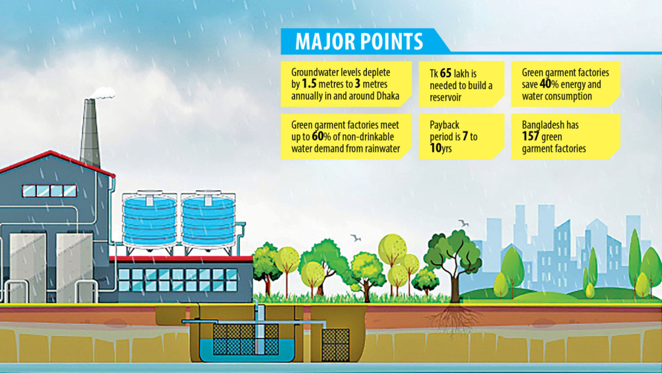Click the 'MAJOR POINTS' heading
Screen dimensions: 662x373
click(359, 41)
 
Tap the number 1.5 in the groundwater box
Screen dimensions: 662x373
click(309, 84)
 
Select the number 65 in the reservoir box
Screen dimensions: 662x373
click(446, 74)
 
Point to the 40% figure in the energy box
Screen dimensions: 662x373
click(549, 84)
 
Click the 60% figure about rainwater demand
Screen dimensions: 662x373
click(321, 136)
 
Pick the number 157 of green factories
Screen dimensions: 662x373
click(530, 136)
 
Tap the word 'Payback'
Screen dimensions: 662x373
click(444, 125)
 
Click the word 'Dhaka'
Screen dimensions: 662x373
click(388, 96)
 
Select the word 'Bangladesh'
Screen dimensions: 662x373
click(543, 125)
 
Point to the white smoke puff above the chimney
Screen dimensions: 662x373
click(103, 93)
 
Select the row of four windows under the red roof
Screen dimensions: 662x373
click(49, 191)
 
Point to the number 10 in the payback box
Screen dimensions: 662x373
click(435, 148)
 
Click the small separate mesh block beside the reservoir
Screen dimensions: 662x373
click(336, 344)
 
